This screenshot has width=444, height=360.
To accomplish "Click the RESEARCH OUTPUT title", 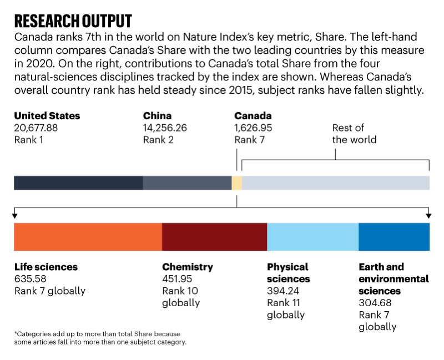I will click(x=73, y=21).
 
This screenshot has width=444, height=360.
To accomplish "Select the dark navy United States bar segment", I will click(x=78, y=183).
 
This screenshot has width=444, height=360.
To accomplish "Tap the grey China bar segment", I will click(x=187, y=183).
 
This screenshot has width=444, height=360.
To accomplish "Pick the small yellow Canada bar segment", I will click(x=237, y=183).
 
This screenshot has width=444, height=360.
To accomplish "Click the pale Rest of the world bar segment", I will click(x=335, y=183).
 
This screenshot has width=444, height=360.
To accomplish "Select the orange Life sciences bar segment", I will click(x=88, y=236).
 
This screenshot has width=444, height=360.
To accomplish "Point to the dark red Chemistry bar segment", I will click(x=214, y=236).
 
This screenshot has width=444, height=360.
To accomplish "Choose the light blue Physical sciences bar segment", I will click(x=312, y=236).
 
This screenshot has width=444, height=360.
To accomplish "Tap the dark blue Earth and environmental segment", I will click(x=394, y=236).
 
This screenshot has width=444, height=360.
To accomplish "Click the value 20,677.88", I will click(x=36, y=128).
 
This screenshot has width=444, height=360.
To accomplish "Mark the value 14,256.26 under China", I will click(x=165, y=128).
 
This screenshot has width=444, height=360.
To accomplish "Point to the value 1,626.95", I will click(x=253, y=128).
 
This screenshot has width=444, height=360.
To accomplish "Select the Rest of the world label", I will click(x=354, y=134).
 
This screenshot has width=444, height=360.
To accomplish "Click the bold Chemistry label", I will click(x=188, y=267).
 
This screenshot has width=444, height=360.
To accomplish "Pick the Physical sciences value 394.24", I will click(x=284, y=291).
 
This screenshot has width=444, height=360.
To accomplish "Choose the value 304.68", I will click(x=375, y=303).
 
